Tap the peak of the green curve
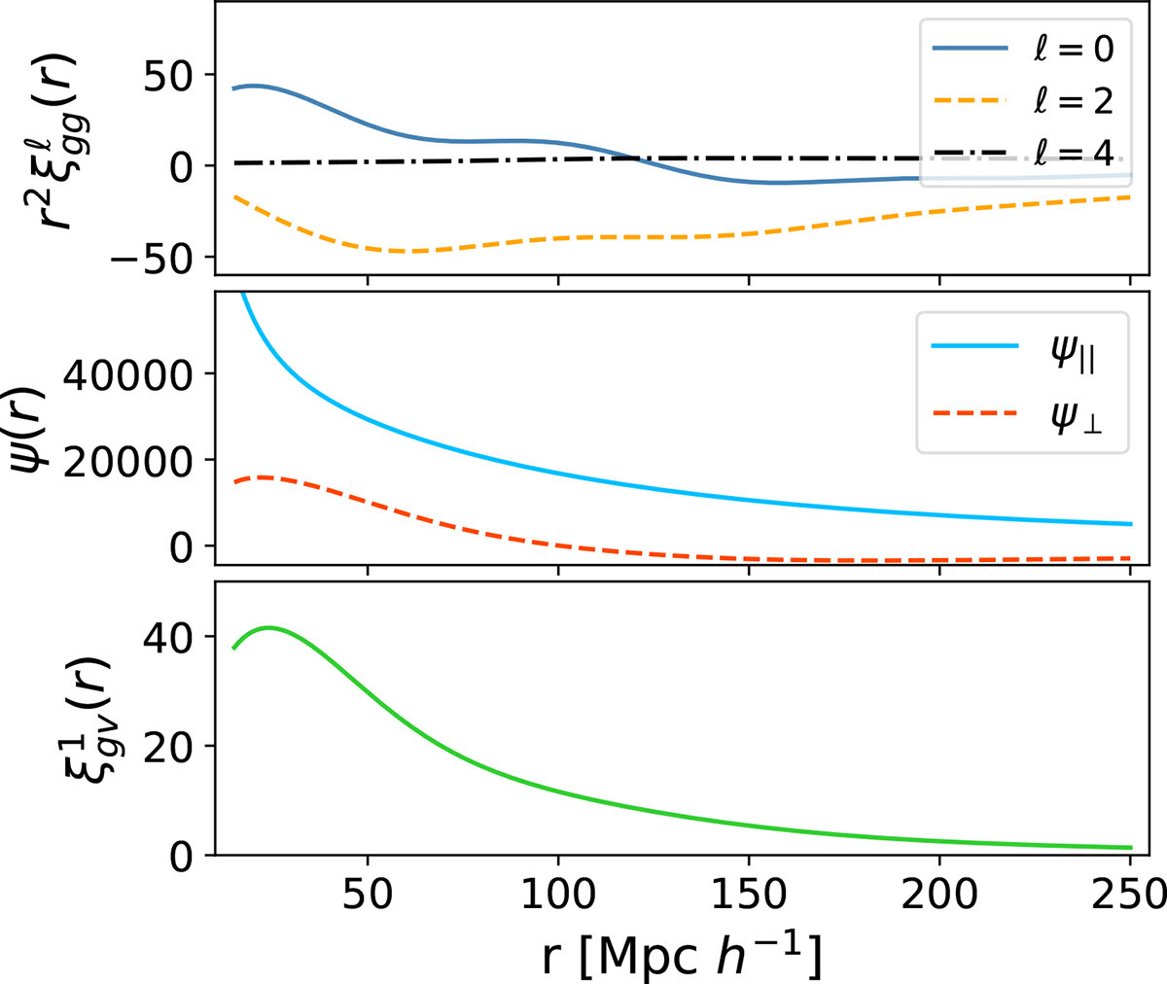pos(268,627)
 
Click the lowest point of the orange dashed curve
pos(413,251)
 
